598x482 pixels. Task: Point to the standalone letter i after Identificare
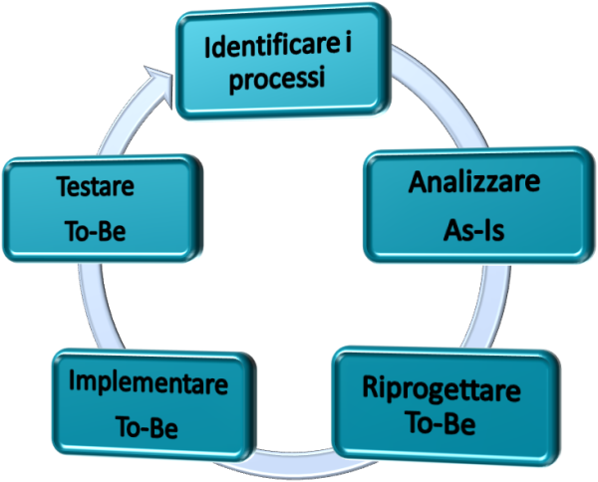(347, 44)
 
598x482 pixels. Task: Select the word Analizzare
(474, 182)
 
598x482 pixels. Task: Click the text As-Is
(474, 230)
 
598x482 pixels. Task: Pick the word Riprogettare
(442, 390)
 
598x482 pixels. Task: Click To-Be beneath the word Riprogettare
(441, 423)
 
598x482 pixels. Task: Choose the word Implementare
(149, 383)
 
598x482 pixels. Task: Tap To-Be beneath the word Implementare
(147, 427)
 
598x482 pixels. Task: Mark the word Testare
(96, 186)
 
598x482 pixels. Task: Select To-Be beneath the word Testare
(96, 231)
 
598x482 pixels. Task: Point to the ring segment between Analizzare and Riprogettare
(494, 305)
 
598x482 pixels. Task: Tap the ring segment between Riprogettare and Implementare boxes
(294, 462)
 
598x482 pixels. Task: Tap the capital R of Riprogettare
(370, 387)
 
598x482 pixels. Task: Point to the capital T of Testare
(65, 186)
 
